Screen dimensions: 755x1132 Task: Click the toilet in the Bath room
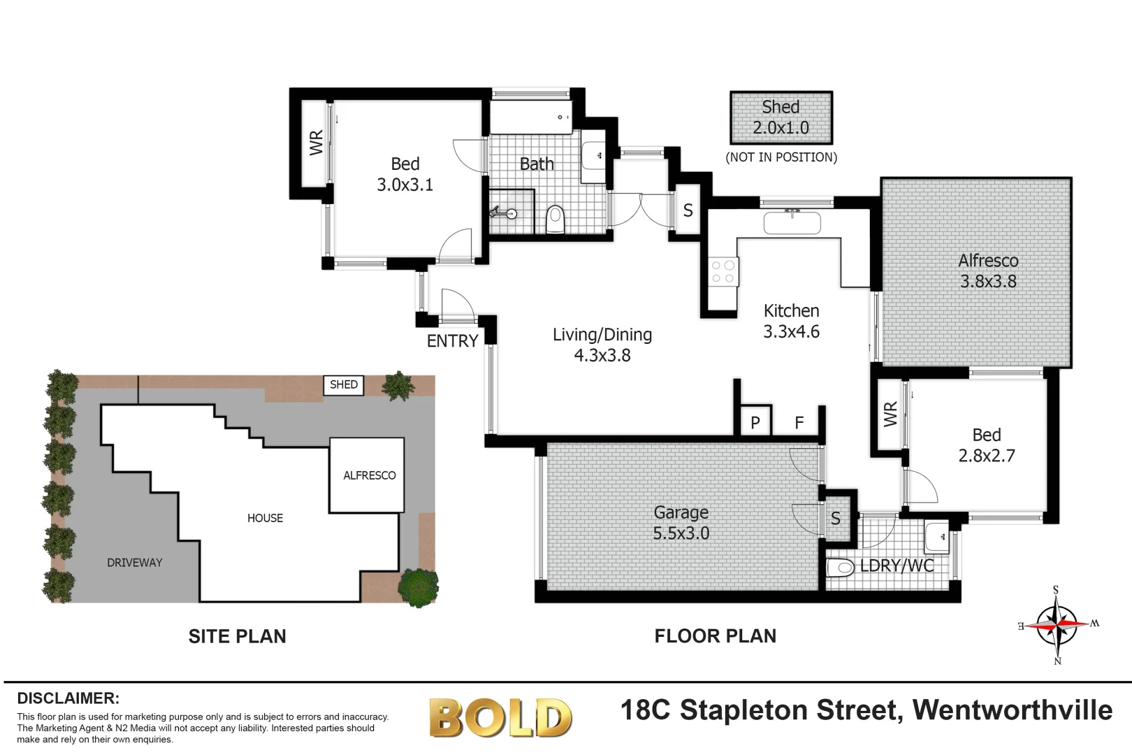555,219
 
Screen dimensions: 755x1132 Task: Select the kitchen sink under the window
792,223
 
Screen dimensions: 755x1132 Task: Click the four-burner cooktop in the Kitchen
723,272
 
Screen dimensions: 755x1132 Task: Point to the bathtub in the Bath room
530,117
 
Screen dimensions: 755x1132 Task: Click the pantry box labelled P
755,422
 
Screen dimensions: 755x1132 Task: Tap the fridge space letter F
799,422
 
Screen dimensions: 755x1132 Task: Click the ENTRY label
452,341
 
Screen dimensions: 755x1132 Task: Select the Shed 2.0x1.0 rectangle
781,117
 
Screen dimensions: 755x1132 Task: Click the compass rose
1058,624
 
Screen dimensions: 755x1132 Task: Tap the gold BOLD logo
500,717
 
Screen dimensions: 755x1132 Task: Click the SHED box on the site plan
343,384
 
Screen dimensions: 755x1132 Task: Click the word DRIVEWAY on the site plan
135,563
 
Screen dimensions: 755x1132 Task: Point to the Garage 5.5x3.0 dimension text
681,533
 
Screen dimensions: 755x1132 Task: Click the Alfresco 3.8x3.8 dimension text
988,282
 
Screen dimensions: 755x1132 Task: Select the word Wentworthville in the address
1013,710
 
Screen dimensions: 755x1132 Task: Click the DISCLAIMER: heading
68,698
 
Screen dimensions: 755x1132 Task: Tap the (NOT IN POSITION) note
781,157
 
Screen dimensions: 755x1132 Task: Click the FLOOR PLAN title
715,636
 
